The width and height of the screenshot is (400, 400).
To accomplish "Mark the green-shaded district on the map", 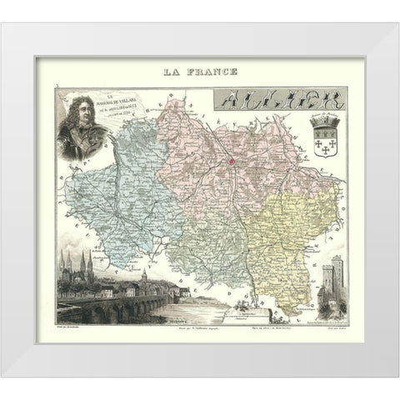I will pyautogui.click(x=204, y=250).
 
